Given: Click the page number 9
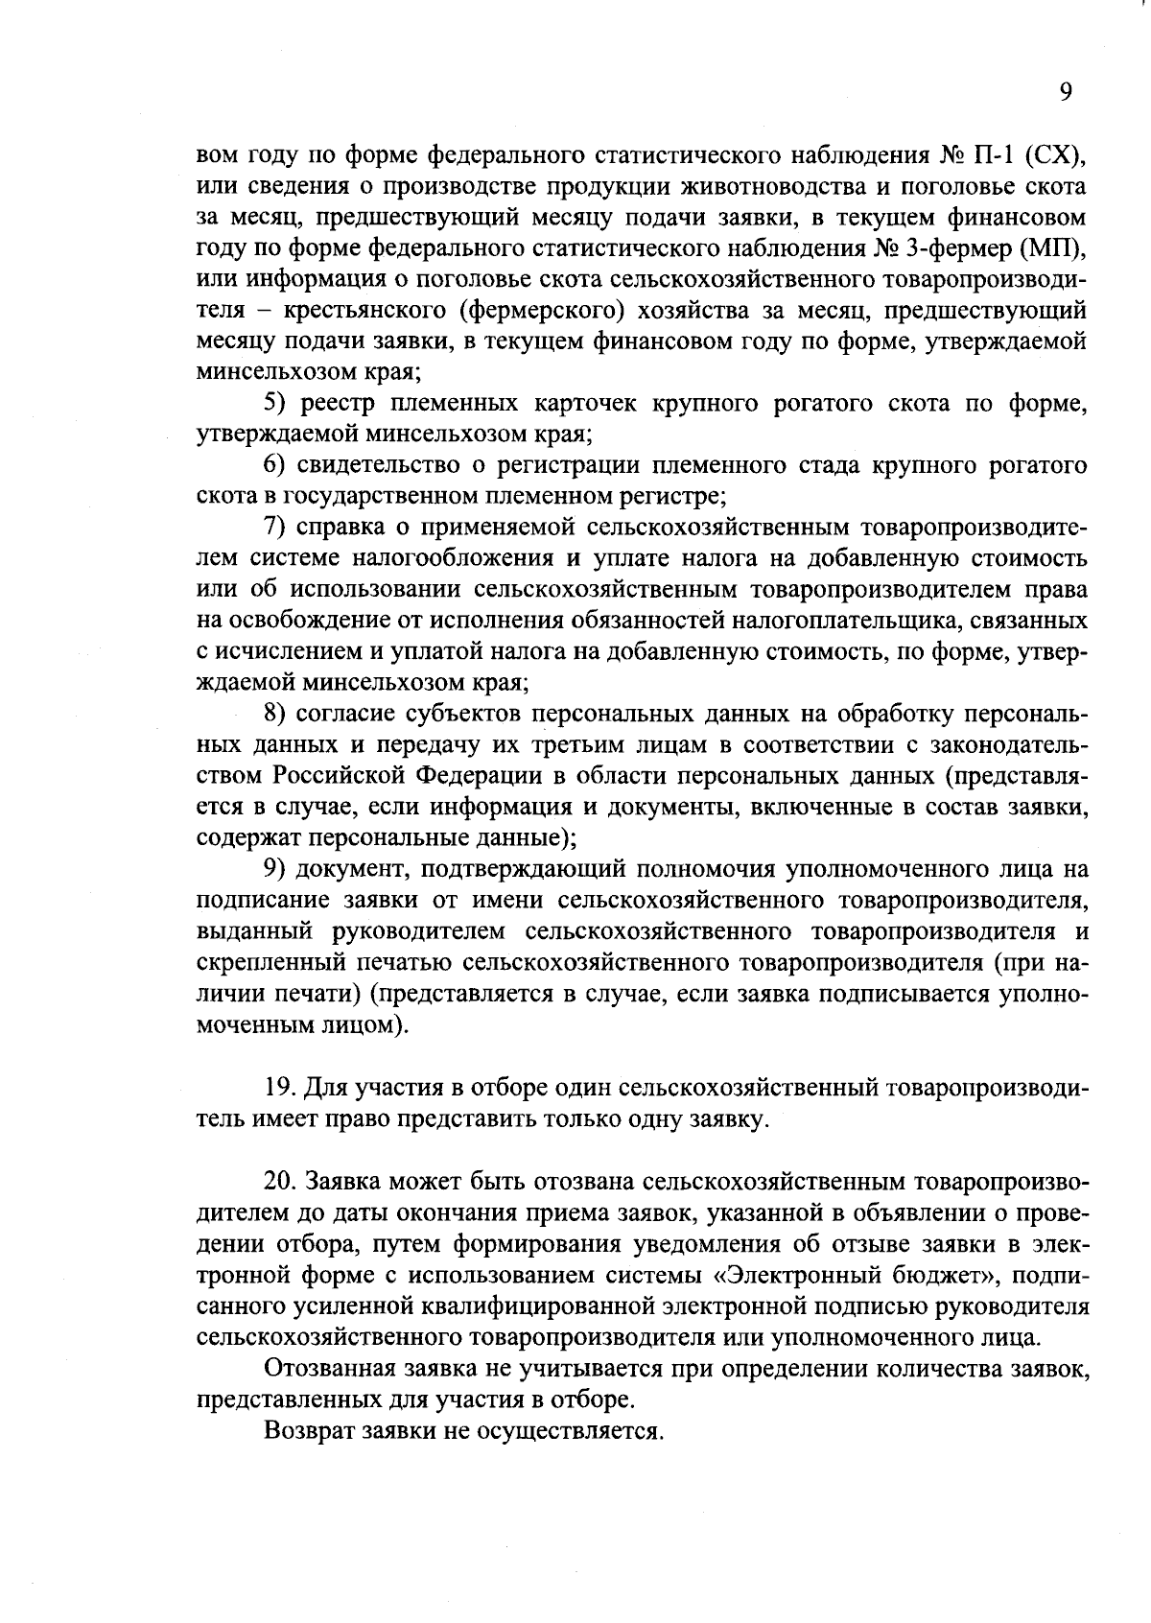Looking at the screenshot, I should pos(1066,92).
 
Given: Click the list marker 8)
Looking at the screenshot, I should pos(276,714).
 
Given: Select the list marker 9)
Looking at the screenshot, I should pos(276,870).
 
